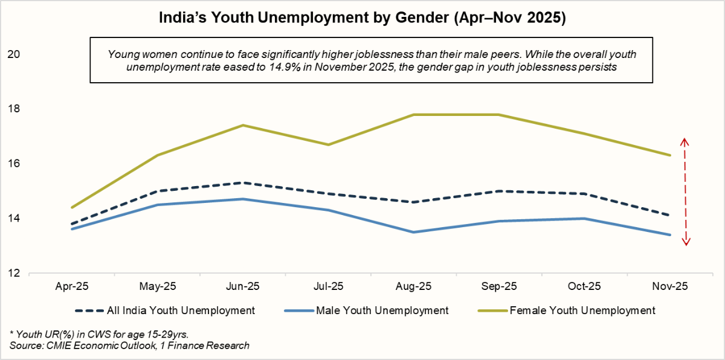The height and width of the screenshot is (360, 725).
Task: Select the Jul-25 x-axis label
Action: (327, 285)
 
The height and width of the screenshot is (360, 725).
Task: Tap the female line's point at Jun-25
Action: (243, 125)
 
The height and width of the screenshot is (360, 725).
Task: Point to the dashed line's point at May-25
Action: (157, 191)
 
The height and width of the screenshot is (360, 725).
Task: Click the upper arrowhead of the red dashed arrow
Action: (685, 141)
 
